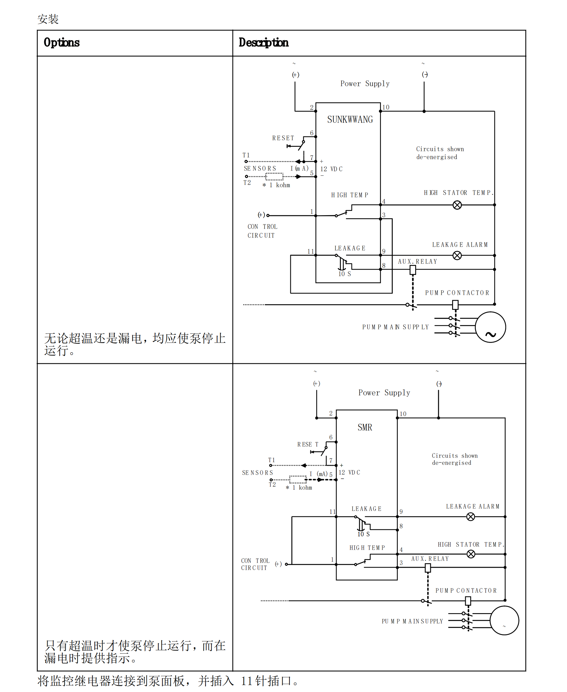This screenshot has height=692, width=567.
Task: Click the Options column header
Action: click(x=62, y=43)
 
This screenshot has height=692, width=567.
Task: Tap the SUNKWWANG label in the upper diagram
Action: click(x=350, y=120)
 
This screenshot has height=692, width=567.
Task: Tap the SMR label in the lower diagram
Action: click(x=364, y=427)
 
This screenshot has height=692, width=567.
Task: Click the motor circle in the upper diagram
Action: click(x=490, y=327)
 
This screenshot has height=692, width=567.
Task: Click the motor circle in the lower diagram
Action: click(x=504, y=620)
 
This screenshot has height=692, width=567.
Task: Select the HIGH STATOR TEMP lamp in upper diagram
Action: click(x=457, y=205)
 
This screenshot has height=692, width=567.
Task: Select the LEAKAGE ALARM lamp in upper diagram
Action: click(x=457, y=255)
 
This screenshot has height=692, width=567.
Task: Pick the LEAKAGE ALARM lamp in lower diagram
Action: click(x=470, y=517)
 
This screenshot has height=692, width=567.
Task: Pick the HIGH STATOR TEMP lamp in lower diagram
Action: click(x=471, y=554)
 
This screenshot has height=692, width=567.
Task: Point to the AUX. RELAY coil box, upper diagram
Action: click(x=413, y=270)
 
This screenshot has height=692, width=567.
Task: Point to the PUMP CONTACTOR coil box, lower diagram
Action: click(x=468, y=600)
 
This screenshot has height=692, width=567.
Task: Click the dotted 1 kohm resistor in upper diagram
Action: click(x=274, y=177)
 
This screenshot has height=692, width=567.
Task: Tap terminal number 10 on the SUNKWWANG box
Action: click(x=386, y=107)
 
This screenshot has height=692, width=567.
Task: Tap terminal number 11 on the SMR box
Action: click(x=333, y=512)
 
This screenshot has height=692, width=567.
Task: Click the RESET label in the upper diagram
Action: click(x=283, y=138)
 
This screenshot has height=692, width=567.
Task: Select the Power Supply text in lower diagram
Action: click(x=384, y=393)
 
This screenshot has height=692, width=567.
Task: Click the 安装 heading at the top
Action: click(x=48, y=19)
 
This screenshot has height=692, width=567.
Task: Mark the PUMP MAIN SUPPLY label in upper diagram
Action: click(x=395, y=327)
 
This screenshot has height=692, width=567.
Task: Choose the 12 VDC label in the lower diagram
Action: click(x=349, y=473)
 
